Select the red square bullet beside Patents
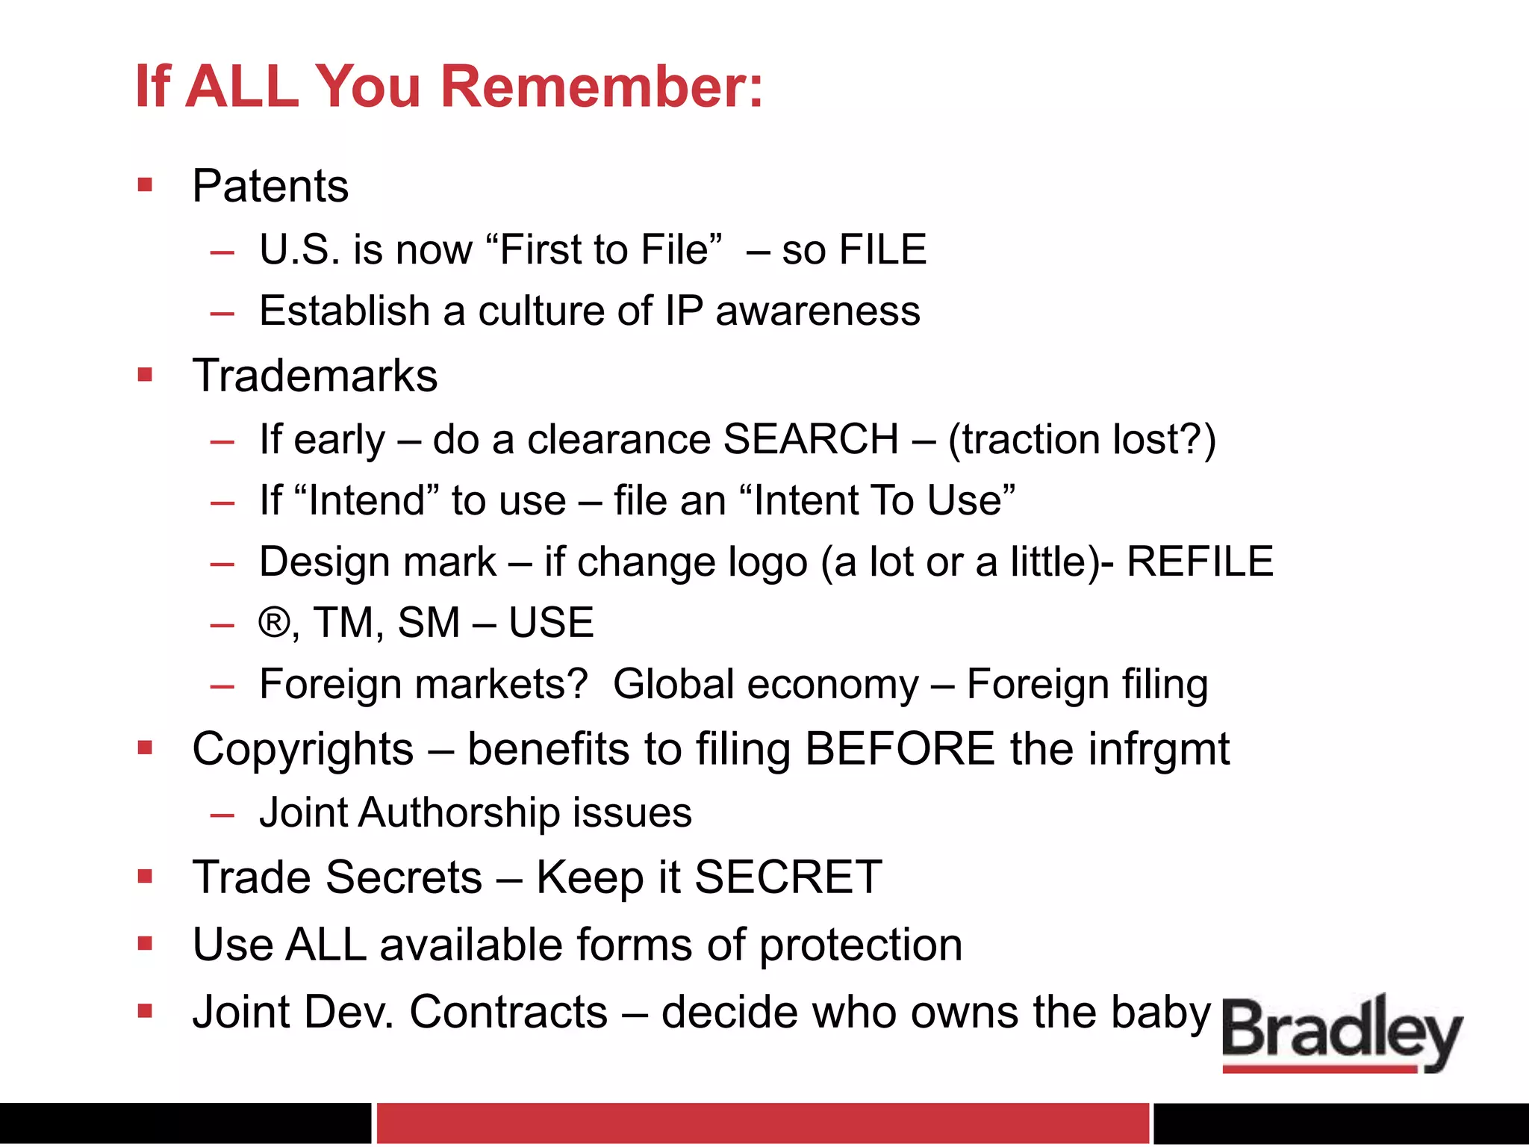[x=145, y=184]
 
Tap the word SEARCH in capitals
[x=811, y=439]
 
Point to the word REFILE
[x=1199, y=562]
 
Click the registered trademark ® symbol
[x=273, y=622]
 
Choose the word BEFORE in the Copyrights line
[x=900, y=749]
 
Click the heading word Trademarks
[x=315, y=376]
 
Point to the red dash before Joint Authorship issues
[x=222, y=815]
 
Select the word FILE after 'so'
[x=882, y=249]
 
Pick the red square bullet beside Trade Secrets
[x=145, y=876]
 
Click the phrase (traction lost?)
[x=1081, y=440]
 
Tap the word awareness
[x=818, y=311]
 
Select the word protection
[x=861, y=945]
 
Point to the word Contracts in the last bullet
[x=508, y=1013]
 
